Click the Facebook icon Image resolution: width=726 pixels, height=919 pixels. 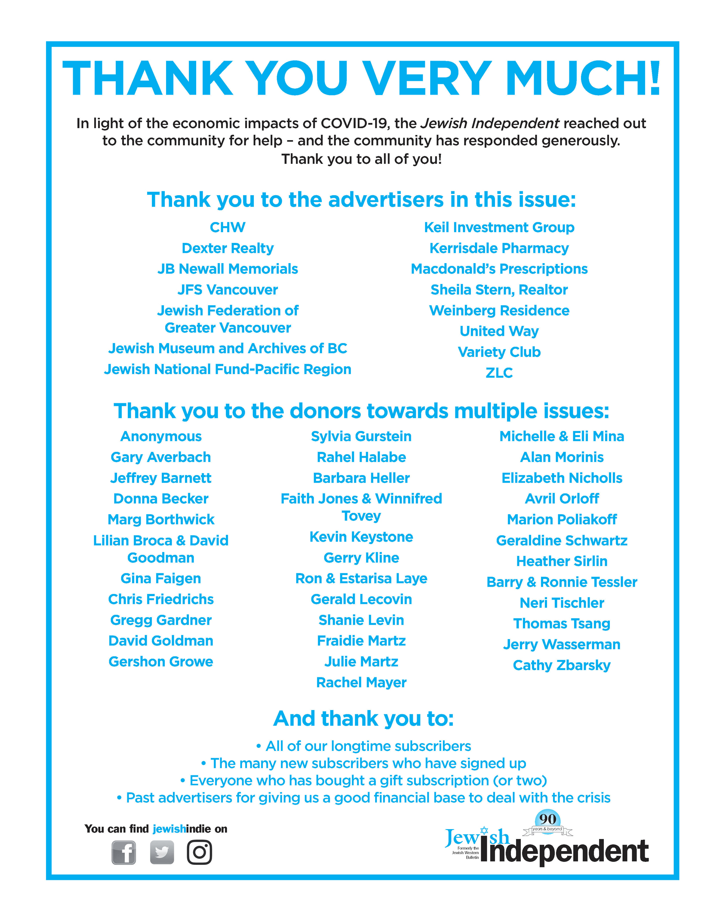[x=124, y=852]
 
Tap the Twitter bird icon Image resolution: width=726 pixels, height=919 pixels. [x=162, y=852]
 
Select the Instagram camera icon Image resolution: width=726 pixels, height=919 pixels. [x=199, y=852]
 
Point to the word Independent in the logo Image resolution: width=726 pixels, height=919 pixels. [x=564, y=852]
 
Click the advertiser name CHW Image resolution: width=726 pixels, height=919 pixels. [x=228, y=227]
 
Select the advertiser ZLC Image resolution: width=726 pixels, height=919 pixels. [x=499, y=373]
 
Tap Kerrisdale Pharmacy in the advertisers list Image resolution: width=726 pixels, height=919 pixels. [x=499, y=248]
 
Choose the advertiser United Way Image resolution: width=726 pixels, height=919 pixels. [x=499, y=331]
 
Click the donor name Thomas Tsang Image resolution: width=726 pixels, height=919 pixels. [x=562, y=623]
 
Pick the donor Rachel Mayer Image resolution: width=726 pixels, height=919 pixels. [x=361, y=682]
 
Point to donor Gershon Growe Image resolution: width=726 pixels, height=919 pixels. [x=161, y=662]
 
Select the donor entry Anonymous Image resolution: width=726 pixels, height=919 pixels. [x=161, y=436]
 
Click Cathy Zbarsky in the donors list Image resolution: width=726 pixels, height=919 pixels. [x=562, y=665]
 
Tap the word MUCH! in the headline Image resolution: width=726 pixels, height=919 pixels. [x=583, y=78]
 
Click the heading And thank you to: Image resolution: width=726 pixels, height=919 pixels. [x=363, y=719]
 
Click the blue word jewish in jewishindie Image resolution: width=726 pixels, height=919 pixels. [x=169, y=829]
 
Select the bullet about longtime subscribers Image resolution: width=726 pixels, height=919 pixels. [x=363, y=746]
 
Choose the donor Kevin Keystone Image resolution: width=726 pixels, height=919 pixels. [x=361, y=537]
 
